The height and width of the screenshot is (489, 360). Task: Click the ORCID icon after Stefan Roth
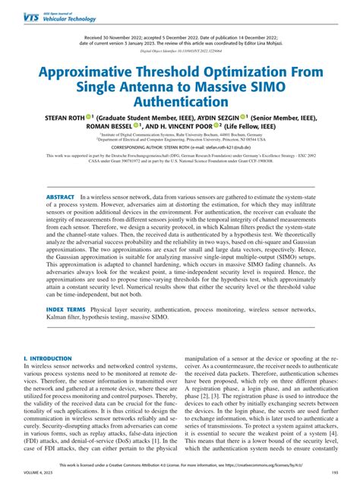[89, 116]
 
